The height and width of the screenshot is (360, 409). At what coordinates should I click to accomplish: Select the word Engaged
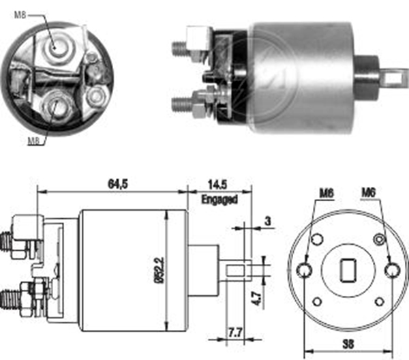tap(219, 200)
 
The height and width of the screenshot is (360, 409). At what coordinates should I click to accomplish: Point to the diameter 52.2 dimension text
tap(160, 270)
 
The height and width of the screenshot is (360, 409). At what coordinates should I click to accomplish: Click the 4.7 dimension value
tap(256, 299)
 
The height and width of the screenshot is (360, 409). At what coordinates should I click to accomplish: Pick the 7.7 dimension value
tap(236, 333)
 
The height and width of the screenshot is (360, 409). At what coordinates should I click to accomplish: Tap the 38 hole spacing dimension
tap(348, 344)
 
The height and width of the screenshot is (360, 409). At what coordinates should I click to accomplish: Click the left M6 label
tap(327, 194)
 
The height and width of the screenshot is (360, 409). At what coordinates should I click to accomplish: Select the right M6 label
tap(369, 193)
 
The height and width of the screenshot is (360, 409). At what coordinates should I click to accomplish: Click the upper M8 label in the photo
tap(20, 15)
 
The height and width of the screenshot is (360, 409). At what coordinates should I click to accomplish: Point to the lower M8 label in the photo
tap(33, 141)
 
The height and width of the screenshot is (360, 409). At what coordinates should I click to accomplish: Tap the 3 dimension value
tap(268, 222)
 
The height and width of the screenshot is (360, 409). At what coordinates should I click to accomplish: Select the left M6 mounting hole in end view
tap(305, 271)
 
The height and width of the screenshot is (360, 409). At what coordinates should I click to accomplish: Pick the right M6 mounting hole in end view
tap(393, 271)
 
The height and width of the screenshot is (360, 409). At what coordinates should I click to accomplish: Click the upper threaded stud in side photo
tap(179, 48)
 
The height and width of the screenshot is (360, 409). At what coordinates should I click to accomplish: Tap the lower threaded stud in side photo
tap(182, 104)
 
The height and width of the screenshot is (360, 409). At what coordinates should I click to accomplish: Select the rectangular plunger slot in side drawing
tap(236, 270)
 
